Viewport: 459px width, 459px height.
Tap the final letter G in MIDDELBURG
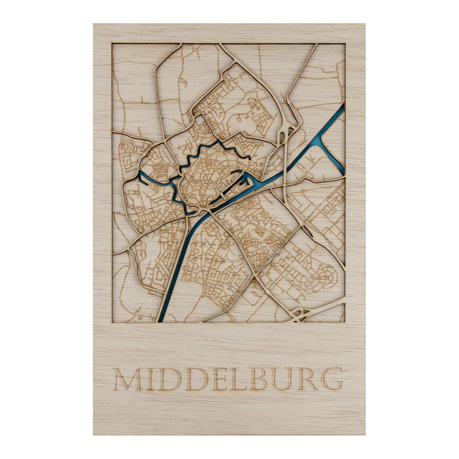pos(331,379)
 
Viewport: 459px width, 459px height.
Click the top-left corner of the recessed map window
pos(112,44)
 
